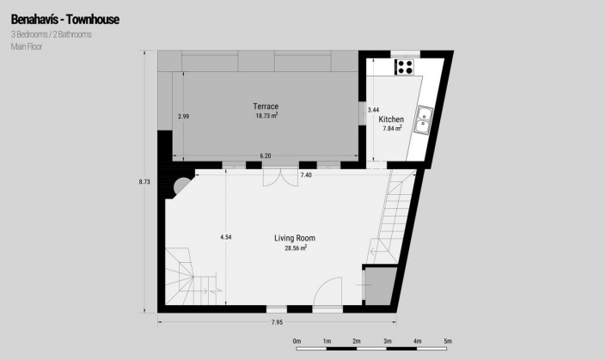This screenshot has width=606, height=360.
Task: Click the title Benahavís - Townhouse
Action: (x=65, y=18)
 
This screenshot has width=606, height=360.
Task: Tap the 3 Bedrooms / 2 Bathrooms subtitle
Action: (x=52, y=34)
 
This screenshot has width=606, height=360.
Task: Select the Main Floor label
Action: (x=28, y=47)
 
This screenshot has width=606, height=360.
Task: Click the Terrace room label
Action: (x=266, y=107)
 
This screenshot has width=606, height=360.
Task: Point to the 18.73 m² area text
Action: (x=267, y=115)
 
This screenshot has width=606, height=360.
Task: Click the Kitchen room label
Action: (x=391, y=119)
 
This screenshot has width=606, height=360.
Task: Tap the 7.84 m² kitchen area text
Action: (x=392, y=129)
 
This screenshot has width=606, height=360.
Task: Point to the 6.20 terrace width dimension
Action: (x=266, y=156)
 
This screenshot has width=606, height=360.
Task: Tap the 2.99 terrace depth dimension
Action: (x=183, y=115)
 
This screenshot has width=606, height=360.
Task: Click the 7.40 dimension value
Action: (x=306, y=174)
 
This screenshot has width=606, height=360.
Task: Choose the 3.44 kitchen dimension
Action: (x=373, y=110)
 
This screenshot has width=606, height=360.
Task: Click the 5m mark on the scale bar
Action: (x=448, y=341)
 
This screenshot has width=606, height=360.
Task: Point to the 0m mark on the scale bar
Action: (x=297, y=341)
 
